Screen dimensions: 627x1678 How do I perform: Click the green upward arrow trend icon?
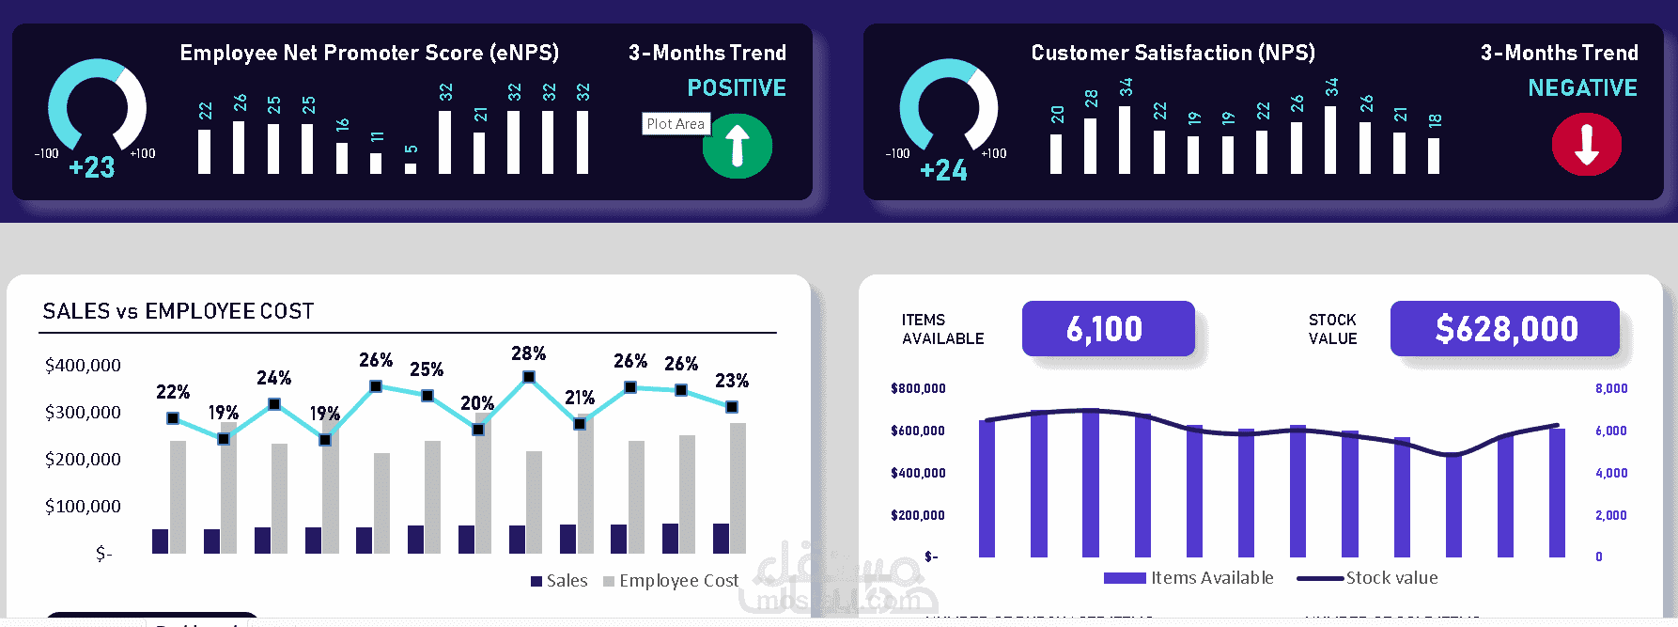(738, 146)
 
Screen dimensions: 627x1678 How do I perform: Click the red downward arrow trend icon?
(1587, 145)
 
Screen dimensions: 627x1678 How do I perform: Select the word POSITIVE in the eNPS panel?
(737, 88)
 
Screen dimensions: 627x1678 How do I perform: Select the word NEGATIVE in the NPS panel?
(1582, 88)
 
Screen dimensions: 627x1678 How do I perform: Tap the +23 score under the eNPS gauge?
(92, 167)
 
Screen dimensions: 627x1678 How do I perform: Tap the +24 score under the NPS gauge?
(943, 170)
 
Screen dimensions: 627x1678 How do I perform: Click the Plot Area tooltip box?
(675, 124)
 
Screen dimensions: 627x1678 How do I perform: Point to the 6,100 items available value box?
(1108, 329)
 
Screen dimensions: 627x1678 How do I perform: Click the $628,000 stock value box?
(1505, 329)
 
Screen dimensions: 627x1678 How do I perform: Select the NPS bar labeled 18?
(1434, 156)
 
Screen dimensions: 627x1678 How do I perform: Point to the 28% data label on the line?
(528, 353)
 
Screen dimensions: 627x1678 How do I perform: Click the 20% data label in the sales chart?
(476, 403)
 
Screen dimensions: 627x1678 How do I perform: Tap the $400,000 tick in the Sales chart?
(83, 366)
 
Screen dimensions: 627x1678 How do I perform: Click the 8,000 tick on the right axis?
(1610, 388)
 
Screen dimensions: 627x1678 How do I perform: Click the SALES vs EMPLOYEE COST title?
(179, 311)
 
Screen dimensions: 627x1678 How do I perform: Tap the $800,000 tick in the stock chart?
(918, 388)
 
